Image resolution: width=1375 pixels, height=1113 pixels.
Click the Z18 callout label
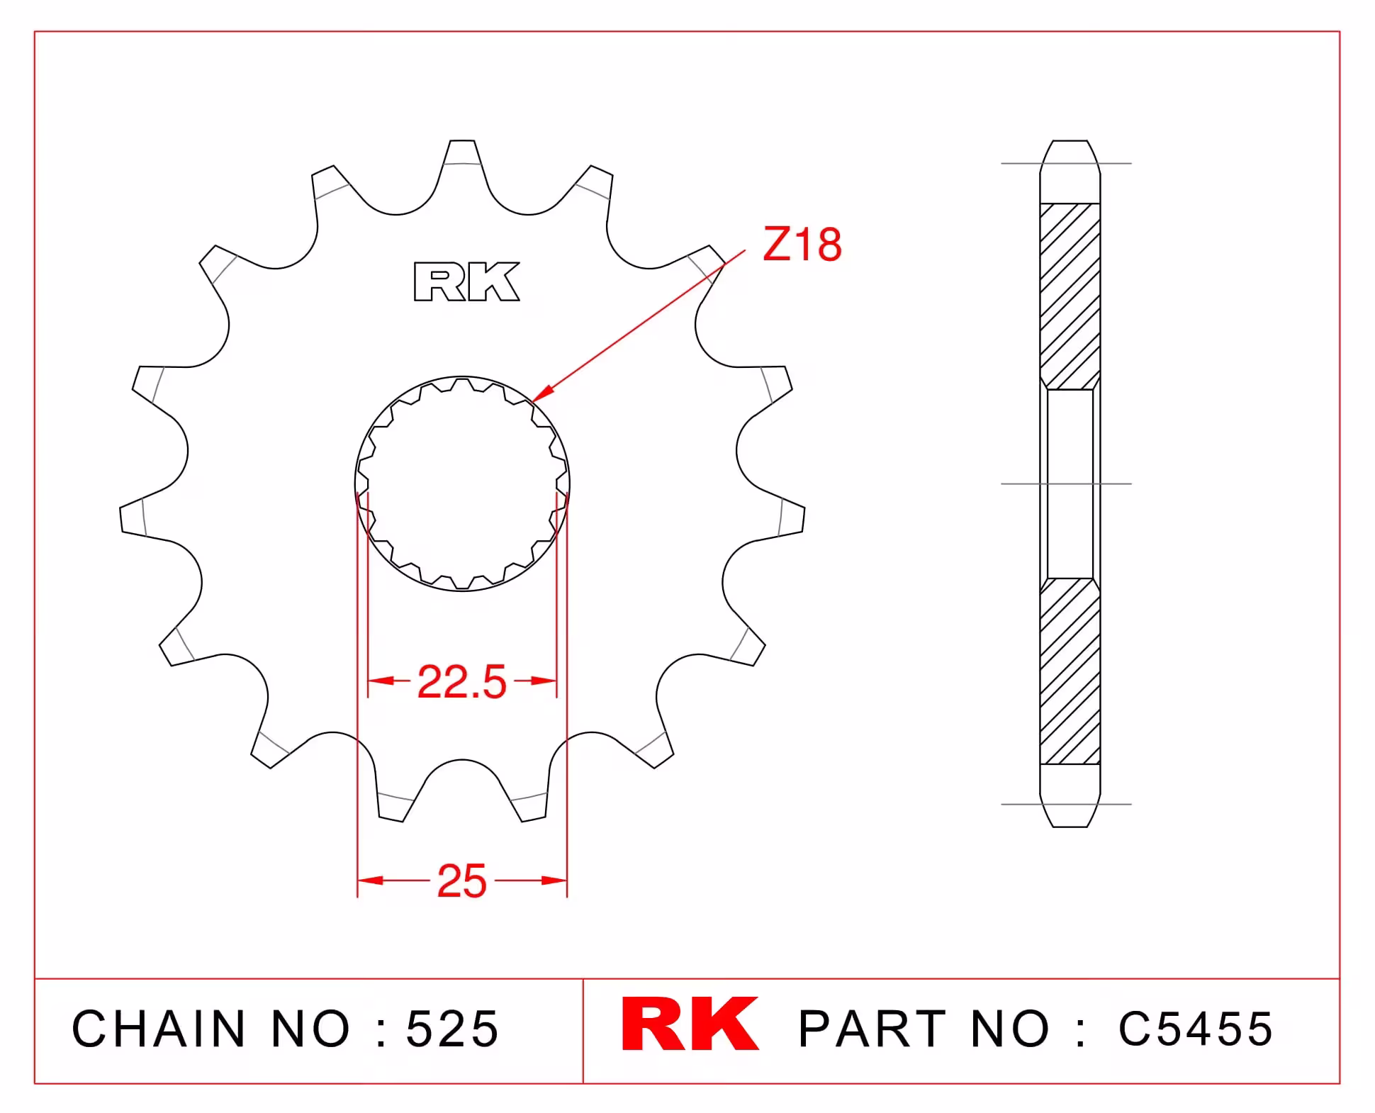(x=802, y=245)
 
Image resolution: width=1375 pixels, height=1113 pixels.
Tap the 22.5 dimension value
(x=462, y=682)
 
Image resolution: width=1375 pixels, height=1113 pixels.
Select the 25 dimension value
(x=462, y=881)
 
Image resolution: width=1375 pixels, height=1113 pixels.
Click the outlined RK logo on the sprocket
(x=466, y=282)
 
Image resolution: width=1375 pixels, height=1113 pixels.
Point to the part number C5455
(x=1196, y=1029)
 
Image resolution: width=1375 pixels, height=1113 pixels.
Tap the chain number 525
(x=452, y=1029)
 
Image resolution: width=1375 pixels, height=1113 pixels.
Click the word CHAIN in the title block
(x=159, y=1029)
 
